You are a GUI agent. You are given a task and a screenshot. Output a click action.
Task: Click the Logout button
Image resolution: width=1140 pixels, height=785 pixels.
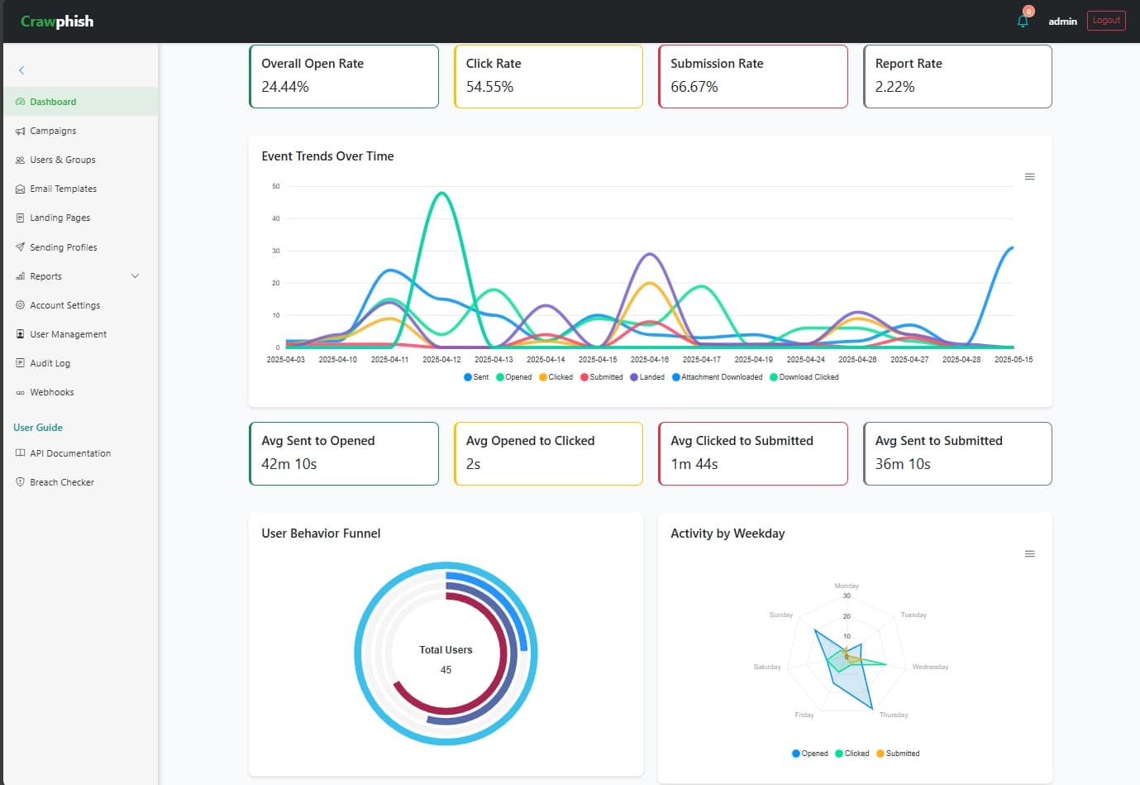[x=1105, y=21]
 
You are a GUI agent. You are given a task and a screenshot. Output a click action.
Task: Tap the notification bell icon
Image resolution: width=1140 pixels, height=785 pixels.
[x=1023, y=21]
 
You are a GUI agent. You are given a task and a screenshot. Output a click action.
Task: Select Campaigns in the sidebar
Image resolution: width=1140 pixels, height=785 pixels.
[x=53, y=131]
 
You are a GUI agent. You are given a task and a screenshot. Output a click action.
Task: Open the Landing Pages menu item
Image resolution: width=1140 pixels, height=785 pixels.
[x=60, y=218]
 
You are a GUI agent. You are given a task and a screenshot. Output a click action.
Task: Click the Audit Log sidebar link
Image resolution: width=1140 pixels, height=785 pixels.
[x=50, y=363]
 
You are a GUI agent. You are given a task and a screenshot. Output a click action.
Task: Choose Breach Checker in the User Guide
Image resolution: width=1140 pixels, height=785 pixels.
[x=61, y=482]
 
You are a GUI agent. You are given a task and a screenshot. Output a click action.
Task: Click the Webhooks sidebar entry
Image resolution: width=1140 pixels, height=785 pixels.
[x=51, y=392]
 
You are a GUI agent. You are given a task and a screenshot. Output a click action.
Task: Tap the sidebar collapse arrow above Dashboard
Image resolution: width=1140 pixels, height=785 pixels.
[x=21, y=70]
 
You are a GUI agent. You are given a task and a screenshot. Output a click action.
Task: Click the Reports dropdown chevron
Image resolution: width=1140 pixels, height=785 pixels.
[x=135, y=276]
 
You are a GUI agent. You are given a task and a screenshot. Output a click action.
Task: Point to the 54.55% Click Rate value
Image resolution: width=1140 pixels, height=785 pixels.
[x=489, y=87]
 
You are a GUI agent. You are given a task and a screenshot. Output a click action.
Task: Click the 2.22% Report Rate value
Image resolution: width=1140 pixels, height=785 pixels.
[x=894, y=87]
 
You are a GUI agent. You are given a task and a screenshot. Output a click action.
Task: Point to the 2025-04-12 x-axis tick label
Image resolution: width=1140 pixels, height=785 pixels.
[x=441, y=360]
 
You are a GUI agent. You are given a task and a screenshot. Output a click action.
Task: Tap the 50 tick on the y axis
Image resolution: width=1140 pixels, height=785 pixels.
[x=276, y=186]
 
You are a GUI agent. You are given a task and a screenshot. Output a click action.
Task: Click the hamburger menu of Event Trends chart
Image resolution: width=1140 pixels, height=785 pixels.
[x=1029, y=177]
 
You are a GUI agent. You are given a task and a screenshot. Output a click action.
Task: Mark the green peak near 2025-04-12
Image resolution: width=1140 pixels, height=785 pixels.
[x=442, y=193]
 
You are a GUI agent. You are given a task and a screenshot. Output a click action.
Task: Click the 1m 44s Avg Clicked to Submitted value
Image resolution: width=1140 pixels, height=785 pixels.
[x=694, y=464]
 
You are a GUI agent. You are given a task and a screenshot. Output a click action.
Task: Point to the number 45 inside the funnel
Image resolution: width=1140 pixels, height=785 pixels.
[x=446, y=670]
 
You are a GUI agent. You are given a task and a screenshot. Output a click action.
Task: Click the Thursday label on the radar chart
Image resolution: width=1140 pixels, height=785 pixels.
[x=893, y=715]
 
